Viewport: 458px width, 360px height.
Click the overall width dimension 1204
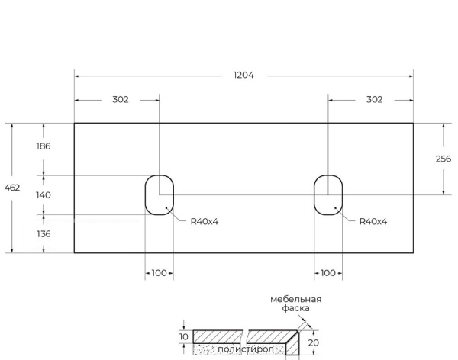(x=244, y=76)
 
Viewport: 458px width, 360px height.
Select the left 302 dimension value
(x=121, y=99)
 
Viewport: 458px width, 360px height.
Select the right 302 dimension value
(x=374, y=99)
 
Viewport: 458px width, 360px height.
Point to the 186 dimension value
(x=44, y=146)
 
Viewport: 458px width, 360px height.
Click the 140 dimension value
(x=44, y=195)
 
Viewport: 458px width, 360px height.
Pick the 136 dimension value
(x=44, y=234)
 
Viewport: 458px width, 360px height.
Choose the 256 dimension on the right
(x=443, y=159)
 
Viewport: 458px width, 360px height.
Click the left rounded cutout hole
(x=160, y=195)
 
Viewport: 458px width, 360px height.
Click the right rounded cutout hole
(x=328, y=195)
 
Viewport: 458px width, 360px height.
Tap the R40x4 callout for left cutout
(x=205, y=221)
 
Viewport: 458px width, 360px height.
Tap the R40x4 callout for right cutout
(x=373, y=221)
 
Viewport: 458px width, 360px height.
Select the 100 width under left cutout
(x=160, y=273)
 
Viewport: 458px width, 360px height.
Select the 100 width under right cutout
(x=328, y=273)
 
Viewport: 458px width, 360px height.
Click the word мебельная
(x=295, y=299)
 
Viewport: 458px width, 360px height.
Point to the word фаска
(x=295, y=308)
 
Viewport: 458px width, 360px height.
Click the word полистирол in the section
(x=244, y=349)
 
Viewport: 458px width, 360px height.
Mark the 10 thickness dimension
(x=183, y=336)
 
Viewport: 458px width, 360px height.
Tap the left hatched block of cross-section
(x=217, y=336)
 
